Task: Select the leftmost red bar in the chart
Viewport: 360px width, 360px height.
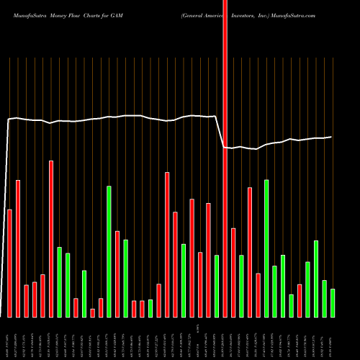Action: pyautogui.click(x=10, y=263)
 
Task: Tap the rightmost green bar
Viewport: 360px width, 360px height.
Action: pyautogui.click(x=333, y=302)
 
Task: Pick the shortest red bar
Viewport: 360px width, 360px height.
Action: pyautogui.click(x=93, y=312)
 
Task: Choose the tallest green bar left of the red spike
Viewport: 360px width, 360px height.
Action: pyautogui.click(x=109, y=251)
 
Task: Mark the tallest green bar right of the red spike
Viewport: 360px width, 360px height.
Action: pyautogui.click(x=266, y=248)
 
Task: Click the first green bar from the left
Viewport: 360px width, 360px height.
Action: pyautogui.click(x=60, y=282)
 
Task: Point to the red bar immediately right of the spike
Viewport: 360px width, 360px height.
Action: pyautogui.click(x=233, y=272)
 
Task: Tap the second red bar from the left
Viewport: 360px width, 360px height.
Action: pyautogui.click(x=18, y=248)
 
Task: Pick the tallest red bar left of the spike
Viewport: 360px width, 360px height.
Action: pyautogui.click(x=51, y=238)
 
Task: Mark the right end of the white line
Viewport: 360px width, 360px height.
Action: pyautogui.click(x=332, y=137)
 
